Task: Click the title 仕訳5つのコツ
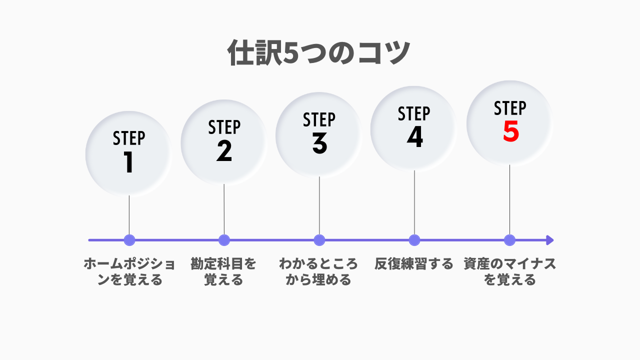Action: click(318, 53)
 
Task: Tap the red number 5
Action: click(511, 131)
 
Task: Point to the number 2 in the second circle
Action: click(224, 151)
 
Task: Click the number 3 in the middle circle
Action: click(319, 143)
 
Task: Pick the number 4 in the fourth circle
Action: click(415, 137)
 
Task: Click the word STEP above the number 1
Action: click(129, 138)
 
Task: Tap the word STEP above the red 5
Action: click(510, 108)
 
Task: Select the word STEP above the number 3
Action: click(319, 119)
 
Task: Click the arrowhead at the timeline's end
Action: click(549, 240)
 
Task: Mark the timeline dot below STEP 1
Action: click(129, 240)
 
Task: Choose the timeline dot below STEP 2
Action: click(224, 240)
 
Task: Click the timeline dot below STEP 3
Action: click(319, 240)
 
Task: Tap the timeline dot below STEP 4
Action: click(414, 240)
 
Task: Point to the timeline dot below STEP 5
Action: click(509, 240)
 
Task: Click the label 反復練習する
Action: click(414, 263)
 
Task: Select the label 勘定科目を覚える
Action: click(223, 271)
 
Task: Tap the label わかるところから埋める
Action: click(318, 271)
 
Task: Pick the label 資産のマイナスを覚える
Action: click(509, 271)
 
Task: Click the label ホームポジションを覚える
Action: click(129, 271)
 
